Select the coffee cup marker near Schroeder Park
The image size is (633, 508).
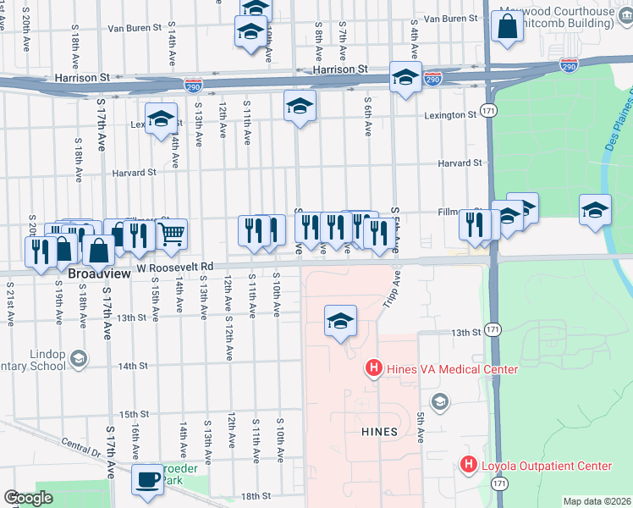[147, 479]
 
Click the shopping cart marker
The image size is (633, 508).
[172, 234]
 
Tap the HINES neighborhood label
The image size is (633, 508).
[379, 431]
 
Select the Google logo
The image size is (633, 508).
[28, 499]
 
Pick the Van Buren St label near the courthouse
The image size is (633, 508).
[452, 18]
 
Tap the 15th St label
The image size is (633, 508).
[135, 414]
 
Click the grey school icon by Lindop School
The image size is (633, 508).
[79, 359]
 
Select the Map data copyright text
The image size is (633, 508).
[596, 501]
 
